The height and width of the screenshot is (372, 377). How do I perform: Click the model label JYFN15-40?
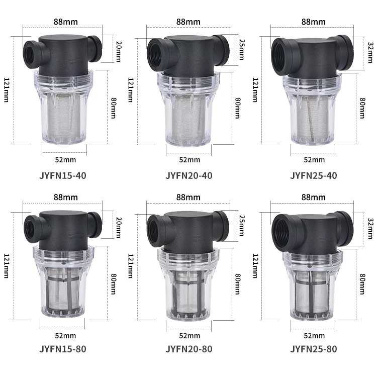coord(63,175)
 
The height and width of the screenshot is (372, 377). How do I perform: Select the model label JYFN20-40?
coord(189,175)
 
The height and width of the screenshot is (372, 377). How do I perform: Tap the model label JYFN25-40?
coord(314,175)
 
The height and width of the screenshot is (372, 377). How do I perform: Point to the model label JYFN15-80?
coord(63,349)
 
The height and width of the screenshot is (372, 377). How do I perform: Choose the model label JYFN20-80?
coord(189,349)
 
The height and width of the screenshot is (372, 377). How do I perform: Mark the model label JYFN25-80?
coord(314,349)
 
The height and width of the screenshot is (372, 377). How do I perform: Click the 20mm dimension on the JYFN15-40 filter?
coord(119,52)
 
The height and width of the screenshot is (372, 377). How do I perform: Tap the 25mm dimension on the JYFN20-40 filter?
coord(242,50)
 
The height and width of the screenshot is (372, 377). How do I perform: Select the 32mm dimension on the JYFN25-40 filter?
coord(370,53)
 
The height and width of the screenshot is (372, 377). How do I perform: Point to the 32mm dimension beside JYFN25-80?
coord(370,228)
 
